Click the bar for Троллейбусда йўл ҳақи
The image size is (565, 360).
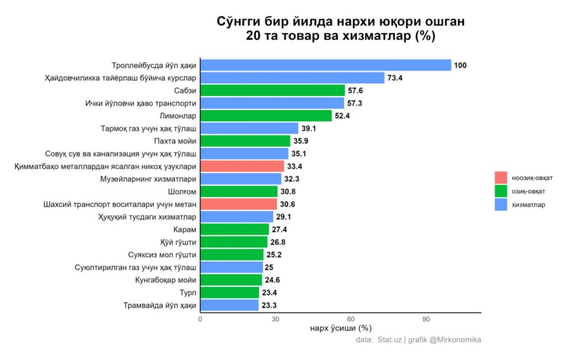click(326, 65)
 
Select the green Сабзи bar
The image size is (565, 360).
click(273, 90)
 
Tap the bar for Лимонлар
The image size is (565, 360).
click(266, 116)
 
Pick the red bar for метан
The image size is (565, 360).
click(238, 204)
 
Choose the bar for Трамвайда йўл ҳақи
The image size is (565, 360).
click(230, 305)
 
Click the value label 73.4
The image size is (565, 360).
click(395, 78)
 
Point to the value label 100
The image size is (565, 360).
click(460, 66)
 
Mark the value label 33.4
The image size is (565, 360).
click(295, 166)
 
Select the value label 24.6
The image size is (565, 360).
click(273, 280)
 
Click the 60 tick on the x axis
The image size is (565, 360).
click(350, 319)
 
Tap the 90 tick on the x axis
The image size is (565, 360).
click(426, 319)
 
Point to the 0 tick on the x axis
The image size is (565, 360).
click(200, 319)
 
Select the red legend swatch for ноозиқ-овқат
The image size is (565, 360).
click(501, 178)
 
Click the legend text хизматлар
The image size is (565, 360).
click(529, 205)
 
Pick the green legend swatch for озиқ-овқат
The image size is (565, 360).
click(501, 191)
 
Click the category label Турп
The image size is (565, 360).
click(188, 293)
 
